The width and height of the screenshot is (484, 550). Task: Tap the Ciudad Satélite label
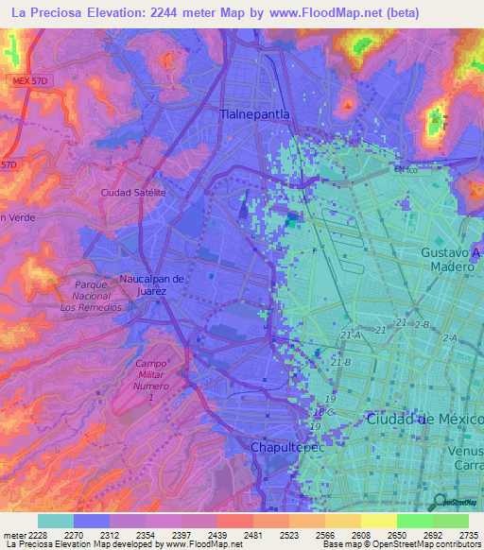[x=133, y=192]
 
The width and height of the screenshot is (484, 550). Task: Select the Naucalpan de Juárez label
[x=144, y=284]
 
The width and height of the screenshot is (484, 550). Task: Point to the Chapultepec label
[x=287, y=446]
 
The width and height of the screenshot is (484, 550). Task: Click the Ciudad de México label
[x=424, y=419]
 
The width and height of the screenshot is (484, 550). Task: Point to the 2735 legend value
[x=466, y=535]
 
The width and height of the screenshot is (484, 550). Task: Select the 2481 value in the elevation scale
[x=251, y=535]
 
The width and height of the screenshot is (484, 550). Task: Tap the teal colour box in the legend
[x=56, y=521]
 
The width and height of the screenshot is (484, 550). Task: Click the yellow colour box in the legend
[x=378, y=521]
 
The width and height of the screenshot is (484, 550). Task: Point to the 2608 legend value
[x=359, y=535]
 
